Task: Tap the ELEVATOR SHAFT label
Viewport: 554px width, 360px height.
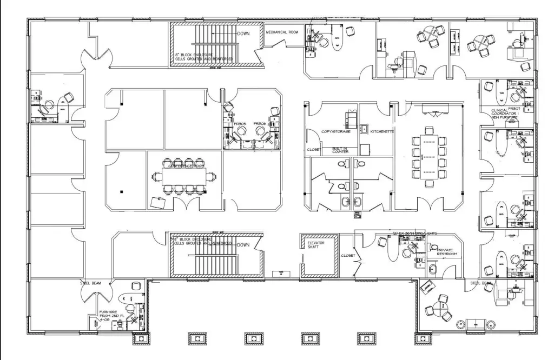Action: pos(311,245)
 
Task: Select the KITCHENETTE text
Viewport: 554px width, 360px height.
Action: pos(381,131)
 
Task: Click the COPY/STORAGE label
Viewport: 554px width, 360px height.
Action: pos(335,131)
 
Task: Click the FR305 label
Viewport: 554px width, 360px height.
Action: pos(240,124)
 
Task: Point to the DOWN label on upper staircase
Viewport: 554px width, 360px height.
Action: pos(243,34)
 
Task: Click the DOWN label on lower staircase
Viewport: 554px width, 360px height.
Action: pos(243,244)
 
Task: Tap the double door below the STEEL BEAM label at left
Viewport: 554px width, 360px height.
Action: pos(91,294)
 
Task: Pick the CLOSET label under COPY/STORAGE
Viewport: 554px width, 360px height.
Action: pos(314,149)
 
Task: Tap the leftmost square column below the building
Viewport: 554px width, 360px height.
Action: pos(140,338)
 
